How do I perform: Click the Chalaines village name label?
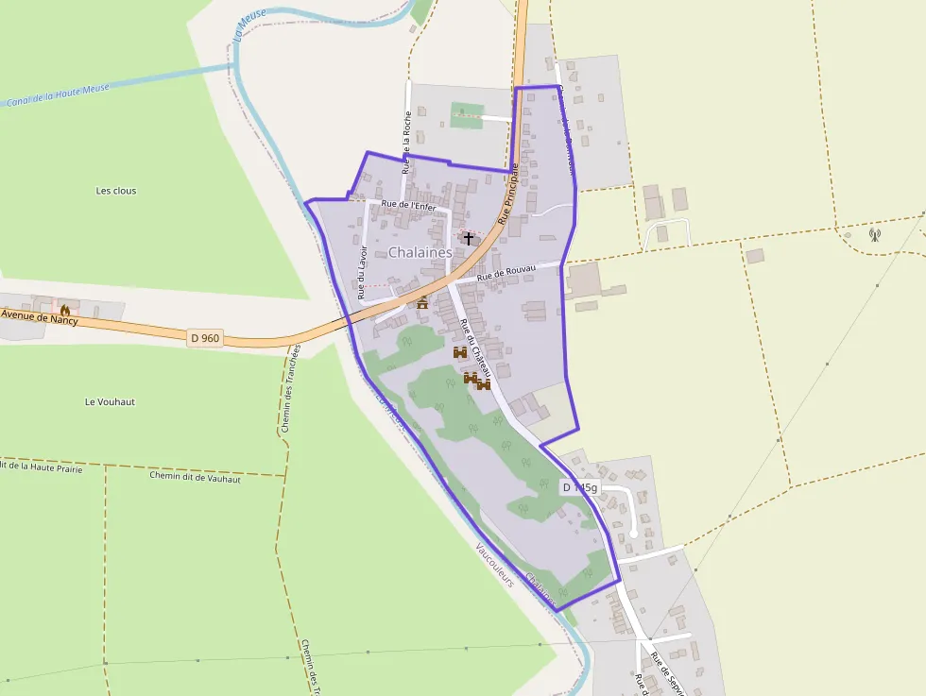[420, 253]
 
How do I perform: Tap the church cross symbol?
[469, 239]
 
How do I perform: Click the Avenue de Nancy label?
[39, 316]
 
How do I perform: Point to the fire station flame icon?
[65, 309]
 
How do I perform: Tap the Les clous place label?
[116, 191]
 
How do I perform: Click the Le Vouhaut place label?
[110, 401]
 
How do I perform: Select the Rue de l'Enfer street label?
[407, 204]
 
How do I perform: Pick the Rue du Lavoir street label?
[361, 271]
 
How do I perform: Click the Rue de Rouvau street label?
[506, 274]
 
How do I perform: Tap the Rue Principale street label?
[509, 194]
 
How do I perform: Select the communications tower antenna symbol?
[874, 234]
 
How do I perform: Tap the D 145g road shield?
[579, 487]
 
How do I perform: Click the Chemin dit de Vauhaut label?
[195, 478]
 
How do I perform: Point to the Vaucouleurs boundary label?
[495, 565]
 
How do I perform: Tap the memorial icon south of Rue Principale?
[422, 303]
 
